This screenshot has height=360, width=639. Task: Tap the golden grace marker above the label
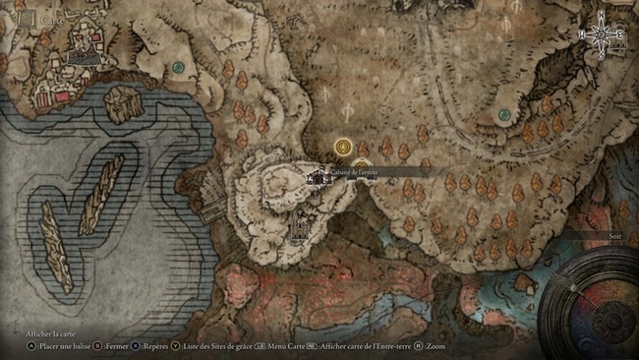coord(343,148)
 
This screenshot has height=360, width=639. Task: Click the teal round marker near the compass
coord(504,115)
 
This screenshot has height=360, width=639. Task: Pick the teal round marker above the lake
coord(178,67)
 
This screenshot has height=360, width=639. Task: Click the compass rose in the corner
coord(603,35)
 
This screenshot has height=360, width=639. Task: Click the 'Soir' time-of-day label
coord(615,236)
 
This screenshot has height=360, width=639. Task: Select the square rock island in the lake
coord(122,103)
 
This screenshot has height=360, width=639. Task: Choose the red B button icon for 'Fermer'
coord(98,346)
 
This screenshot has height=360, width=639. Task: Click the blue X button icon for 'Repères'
coord(136,346)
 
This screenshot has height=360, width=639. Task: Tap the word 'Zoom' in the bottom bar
coord(436,346)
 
